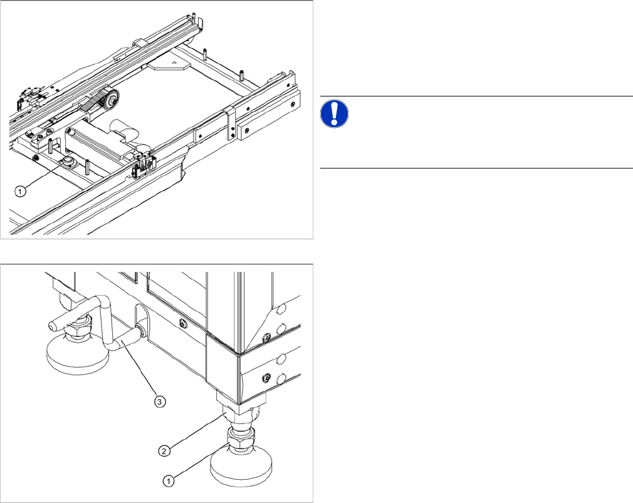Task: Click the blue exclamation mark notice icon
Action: click(335, 115)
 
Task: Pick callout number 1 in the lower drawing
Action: click(168, 480)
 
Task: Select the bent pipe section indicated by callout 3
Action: click(121, 343)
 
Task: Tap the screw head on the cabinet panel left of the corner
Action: click(182, 324)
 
